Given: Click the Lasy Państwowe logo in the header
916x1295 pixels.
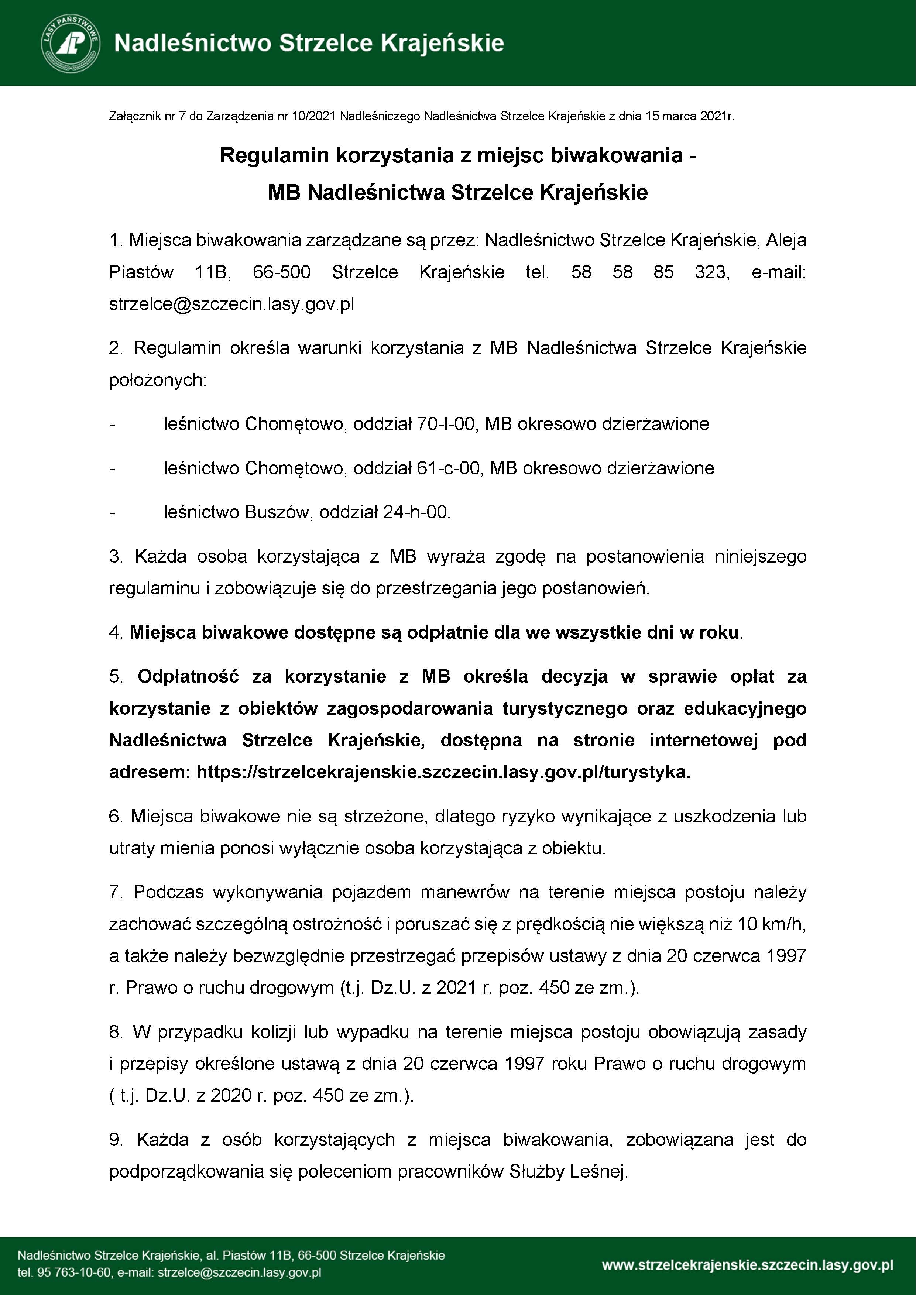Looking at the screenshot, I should click(71, 44).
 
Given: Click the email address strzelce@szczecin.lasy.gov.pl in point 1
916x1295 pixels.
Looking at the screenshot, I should click(231, 304).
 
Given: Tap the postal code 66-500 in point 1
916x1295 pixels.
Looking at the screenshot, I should click(281, 272).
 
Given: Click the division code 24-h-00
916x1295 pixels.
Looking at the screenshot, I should click(416, 512).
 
